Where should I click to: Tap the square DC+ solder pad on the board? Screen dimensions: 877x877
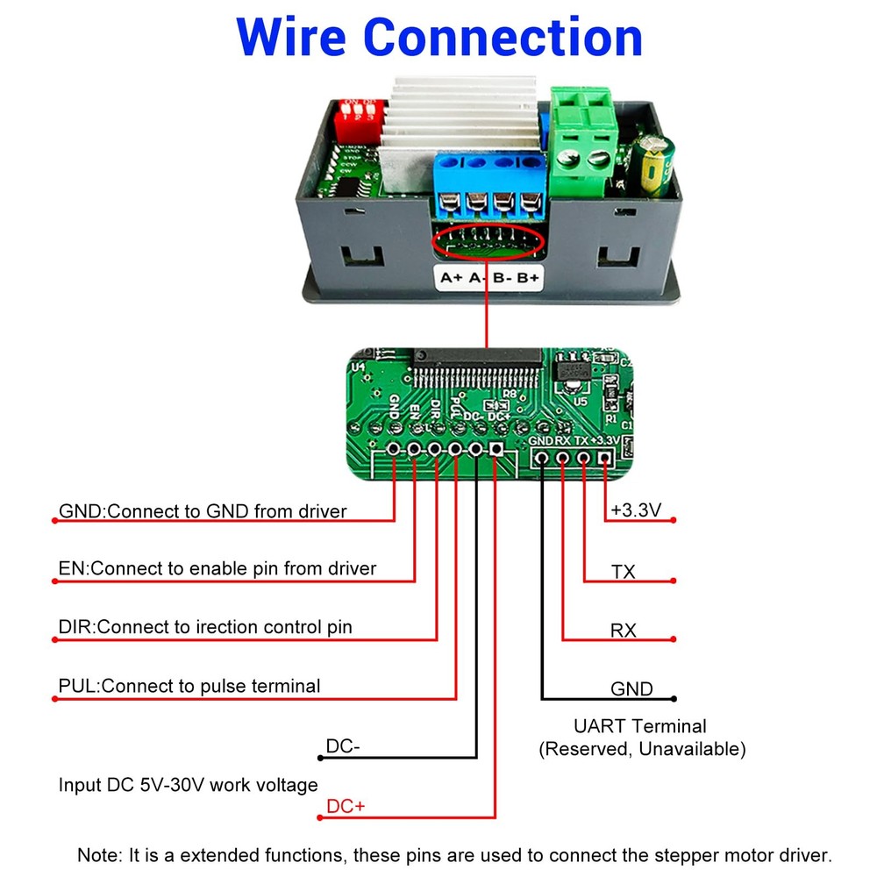(x=496, y=449)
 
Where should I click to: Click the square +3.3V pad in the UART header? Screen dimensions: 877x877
(x=604, y=457)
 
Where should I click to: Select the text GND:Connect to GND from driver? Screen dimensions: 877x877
(x=203, y=511)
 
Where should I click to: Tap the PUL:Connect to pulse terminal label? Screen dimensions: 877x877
(x=189, y=686)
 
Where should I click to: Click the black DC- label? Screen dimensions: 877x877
(x=343, y=746)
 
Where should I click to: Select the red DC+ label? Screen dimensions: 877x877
(x=345, y=806)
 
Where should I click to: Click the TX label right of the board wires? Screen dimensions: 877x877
(x=624, y=573)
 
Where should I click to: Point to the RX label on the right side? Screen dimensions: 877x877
(x=624, y=631)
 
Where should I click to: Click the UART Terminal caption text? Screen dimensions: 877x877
(x=640, y=726)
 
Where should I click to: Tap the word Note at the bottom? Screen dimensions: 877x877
(x=96, y=855)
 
